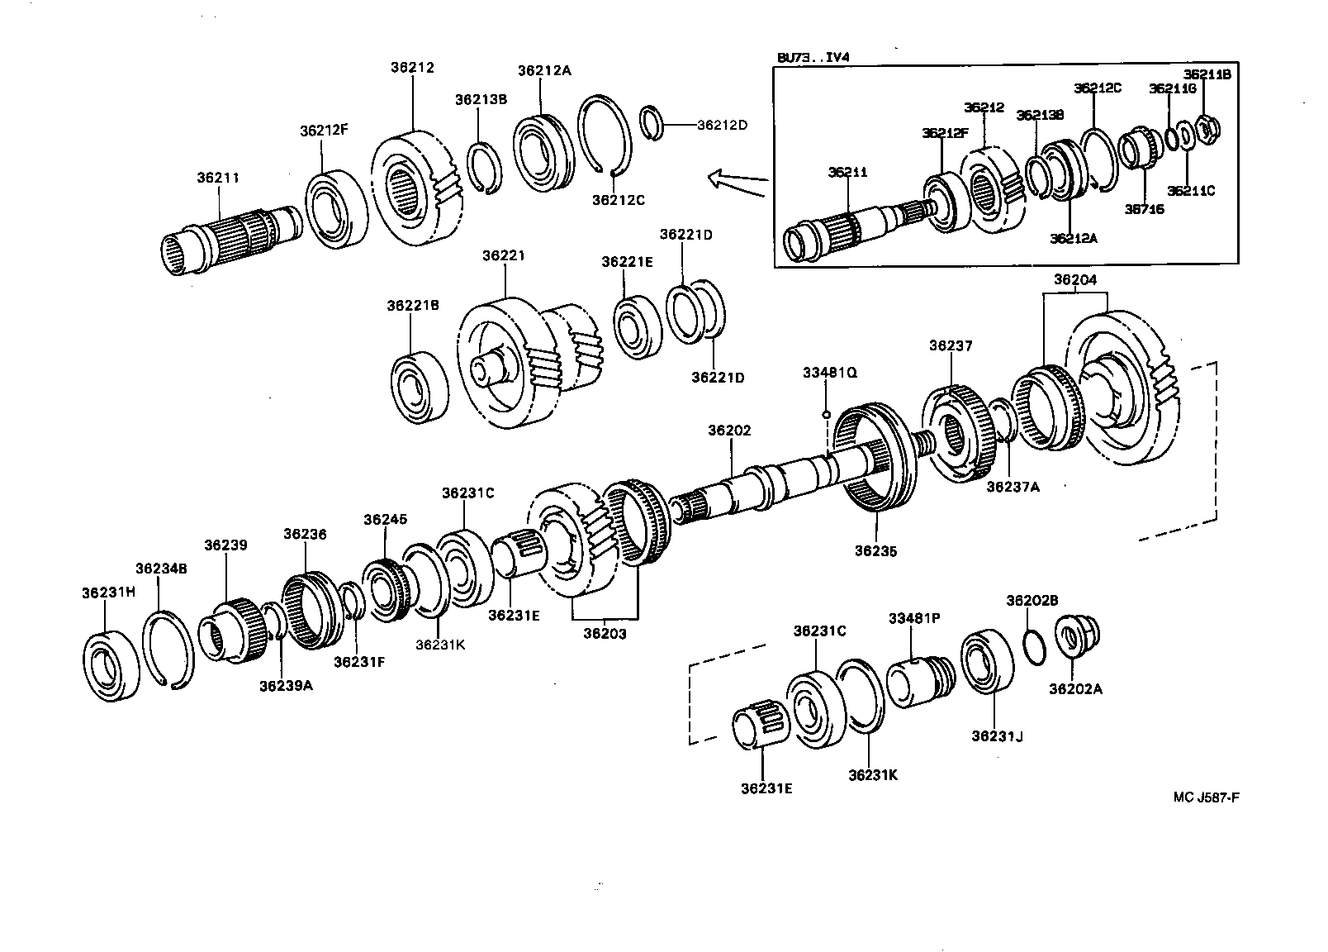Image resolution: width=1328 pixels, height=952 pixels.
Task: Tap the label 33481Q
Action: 829,373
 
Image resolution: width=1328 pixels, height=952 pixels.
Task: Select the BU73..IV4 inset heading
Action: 813,57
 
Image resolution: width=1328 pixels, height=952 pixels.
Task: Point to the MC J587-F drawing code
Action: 1207,797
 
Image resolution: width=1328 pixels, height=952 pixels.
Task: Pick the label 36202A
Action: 1075,688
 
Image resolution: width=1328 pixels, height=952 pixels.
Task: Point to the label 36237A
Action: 1013,487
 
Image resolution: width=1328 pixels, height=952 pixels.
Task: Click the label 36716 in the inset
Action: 1143,209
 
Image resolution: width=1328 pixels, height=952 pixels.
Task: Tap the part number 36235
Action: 875,550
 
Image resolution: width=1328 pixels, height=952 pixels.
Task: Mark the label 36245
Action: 385,520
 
